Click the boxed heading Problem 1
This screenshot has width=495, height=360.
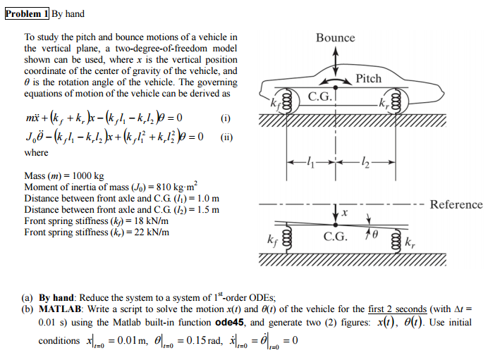pyautogui.click(x=26, y=13)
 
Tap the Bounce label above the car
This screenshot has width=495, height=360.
pyautogui.click(x=335, y=37)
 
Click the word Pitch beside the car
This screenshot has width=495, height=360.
pyautogui.click(x=368, y=78)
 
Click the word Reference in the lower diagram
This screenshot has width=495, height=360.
pyautogui.click(x=456, y=204)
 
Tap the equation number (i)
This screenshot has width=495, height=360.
pyautogui.click(x=226, y=118)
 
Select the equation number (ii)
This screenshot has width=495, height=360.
pyautogui.click(x=227, y=137)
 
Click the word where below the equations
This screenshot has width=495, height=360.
pyautogui.click(x=37, y=152)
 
